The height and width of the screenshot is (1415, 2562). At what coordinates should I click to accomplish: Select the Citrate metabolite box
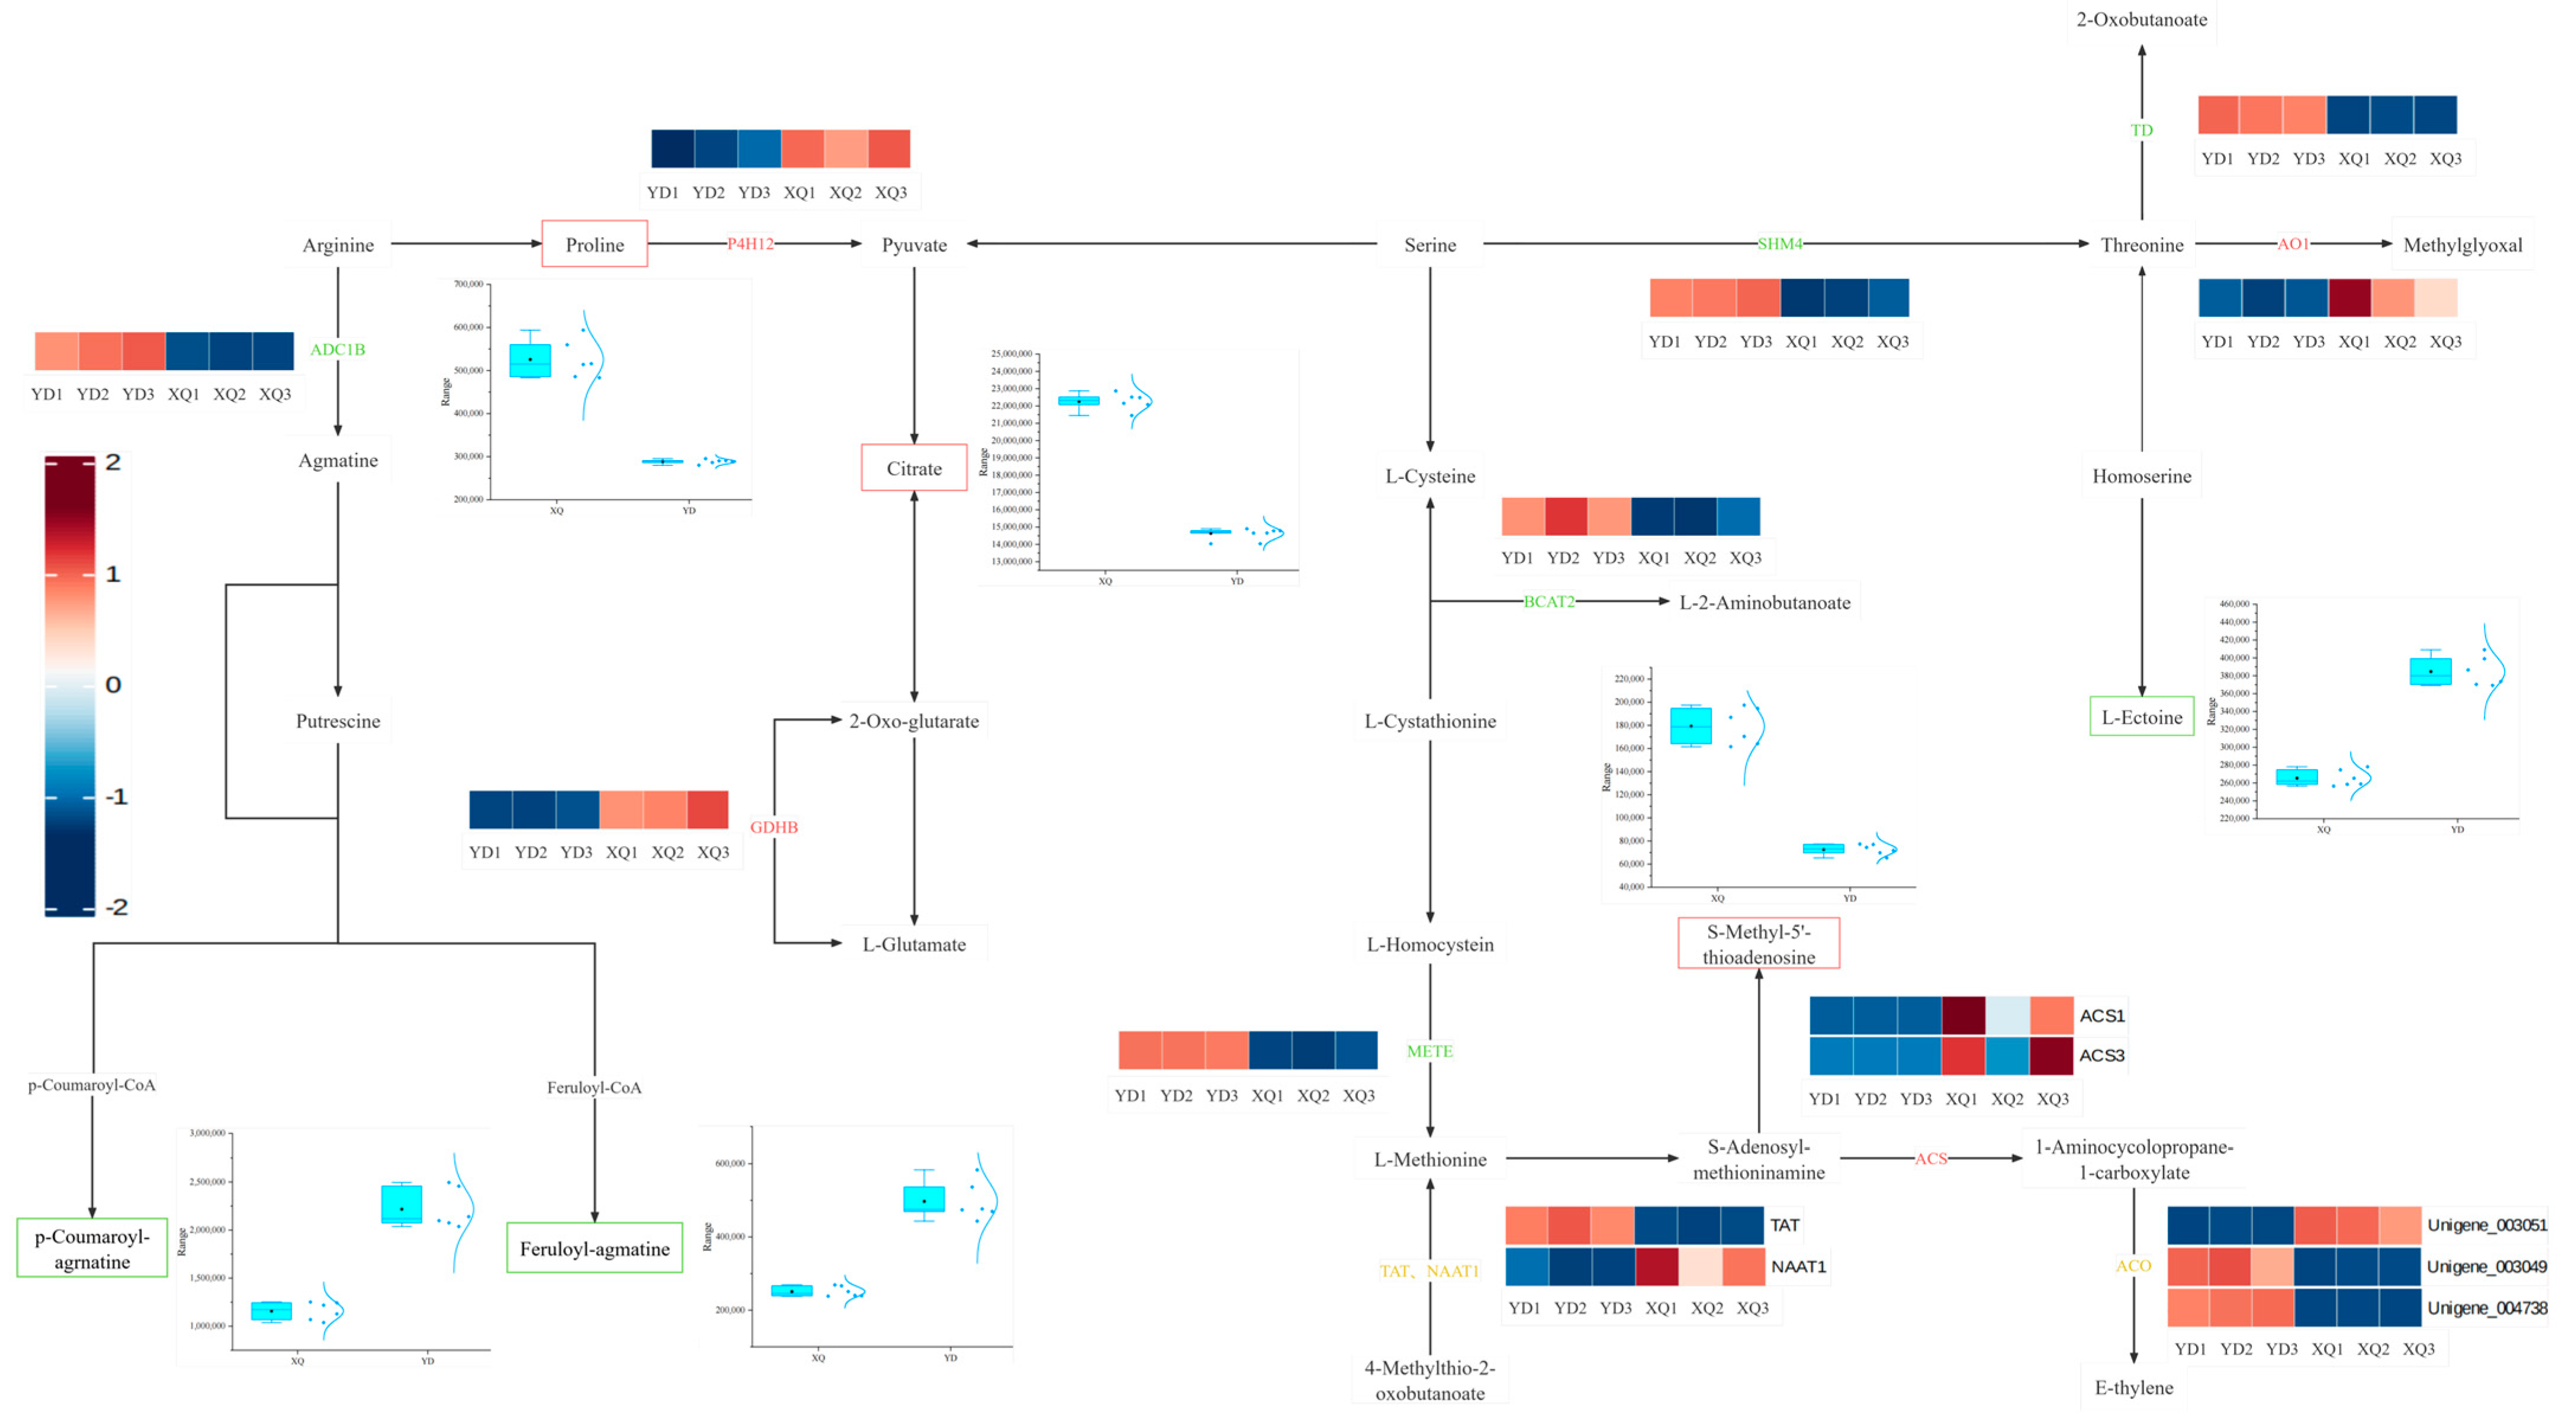(914, 468)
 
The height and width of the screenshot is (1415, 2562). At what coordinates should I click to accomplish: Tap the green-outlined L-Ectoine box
(2141, 717)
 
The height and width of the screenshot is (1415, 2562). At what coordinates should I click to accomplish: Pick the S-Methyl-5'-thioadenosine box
(1758, 944)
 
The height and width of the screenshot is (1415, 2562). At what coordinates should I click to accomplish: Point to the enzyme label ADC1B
(337, 349)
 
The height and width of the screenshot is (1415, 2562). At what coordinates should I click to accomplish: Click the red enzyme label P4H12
(750, 243)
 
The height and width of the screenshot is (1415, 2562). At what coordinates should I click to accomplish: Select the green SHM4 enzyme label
(1779, 243)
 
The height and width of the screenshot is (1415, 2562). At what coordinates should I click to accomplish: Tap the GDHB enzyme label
(774, 827)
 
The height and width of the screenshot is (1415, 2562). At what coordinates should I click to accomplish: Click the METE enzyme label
(1429, 1051)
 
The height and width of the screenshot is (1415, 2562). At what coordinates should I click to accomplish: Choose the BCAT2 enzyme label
(1549, 602)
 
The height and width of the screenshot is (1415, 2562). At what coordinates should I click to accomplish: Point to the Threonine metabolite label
(2141, 245)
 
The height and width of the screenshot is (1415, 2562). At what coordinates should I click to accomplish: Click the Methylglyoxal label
(2463, 245)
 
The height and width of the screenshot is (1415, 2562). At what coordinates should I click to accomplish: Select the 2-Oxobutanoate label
(2141, 19)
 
